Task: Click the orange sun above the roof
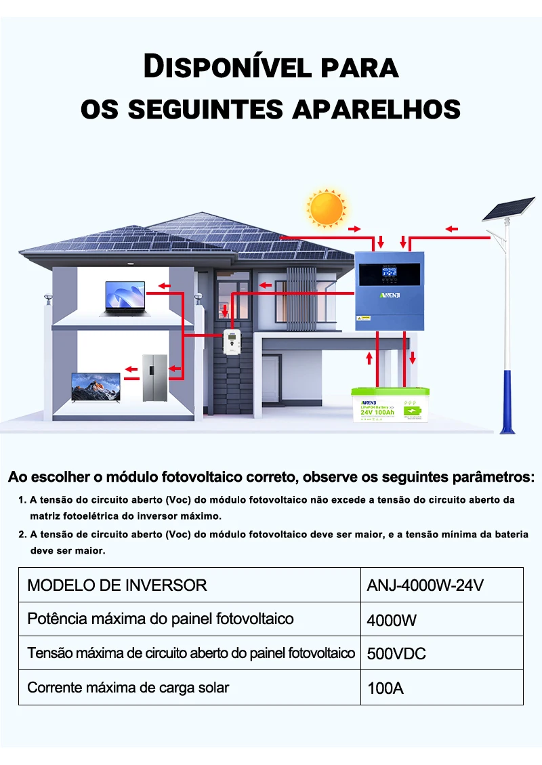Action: (x=326, y=207)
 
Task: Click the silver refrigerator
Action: (x=153, y=378)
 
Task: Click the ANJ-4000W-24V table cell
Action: (x=425, y=585)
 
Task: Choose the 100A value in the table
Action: (x=385, y=688)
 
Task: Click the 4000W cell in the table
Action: (x=392, y=620)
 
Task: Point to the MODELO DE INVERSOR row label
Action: (x=117, y=585)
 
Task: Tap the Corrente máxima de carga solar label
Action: (x=128, y=688)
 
